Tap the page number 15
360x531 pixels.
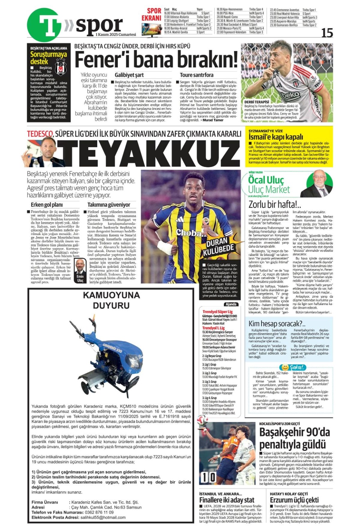[x=327, y=32]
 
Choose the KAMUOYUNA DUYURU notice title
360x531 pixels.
[x=111, y=300]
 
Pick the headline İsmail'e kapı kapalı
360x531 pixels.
[x=275, y=137]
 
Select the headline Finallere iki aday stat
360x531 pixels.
[x=226, y=500]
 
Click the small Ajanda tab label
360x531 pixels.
[x=231, y=304]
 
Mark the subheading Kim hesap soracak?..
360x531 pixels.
[x=277, y=323]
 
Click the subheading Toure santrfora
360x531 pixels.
[x=196, y=75]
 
